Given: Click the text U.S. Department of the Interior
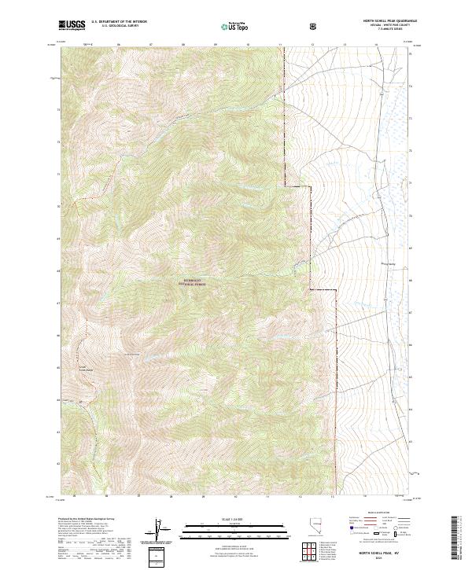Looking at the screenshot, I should (114, 22).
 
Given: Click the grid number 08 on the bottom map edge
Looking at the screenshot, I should (171, 497).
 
